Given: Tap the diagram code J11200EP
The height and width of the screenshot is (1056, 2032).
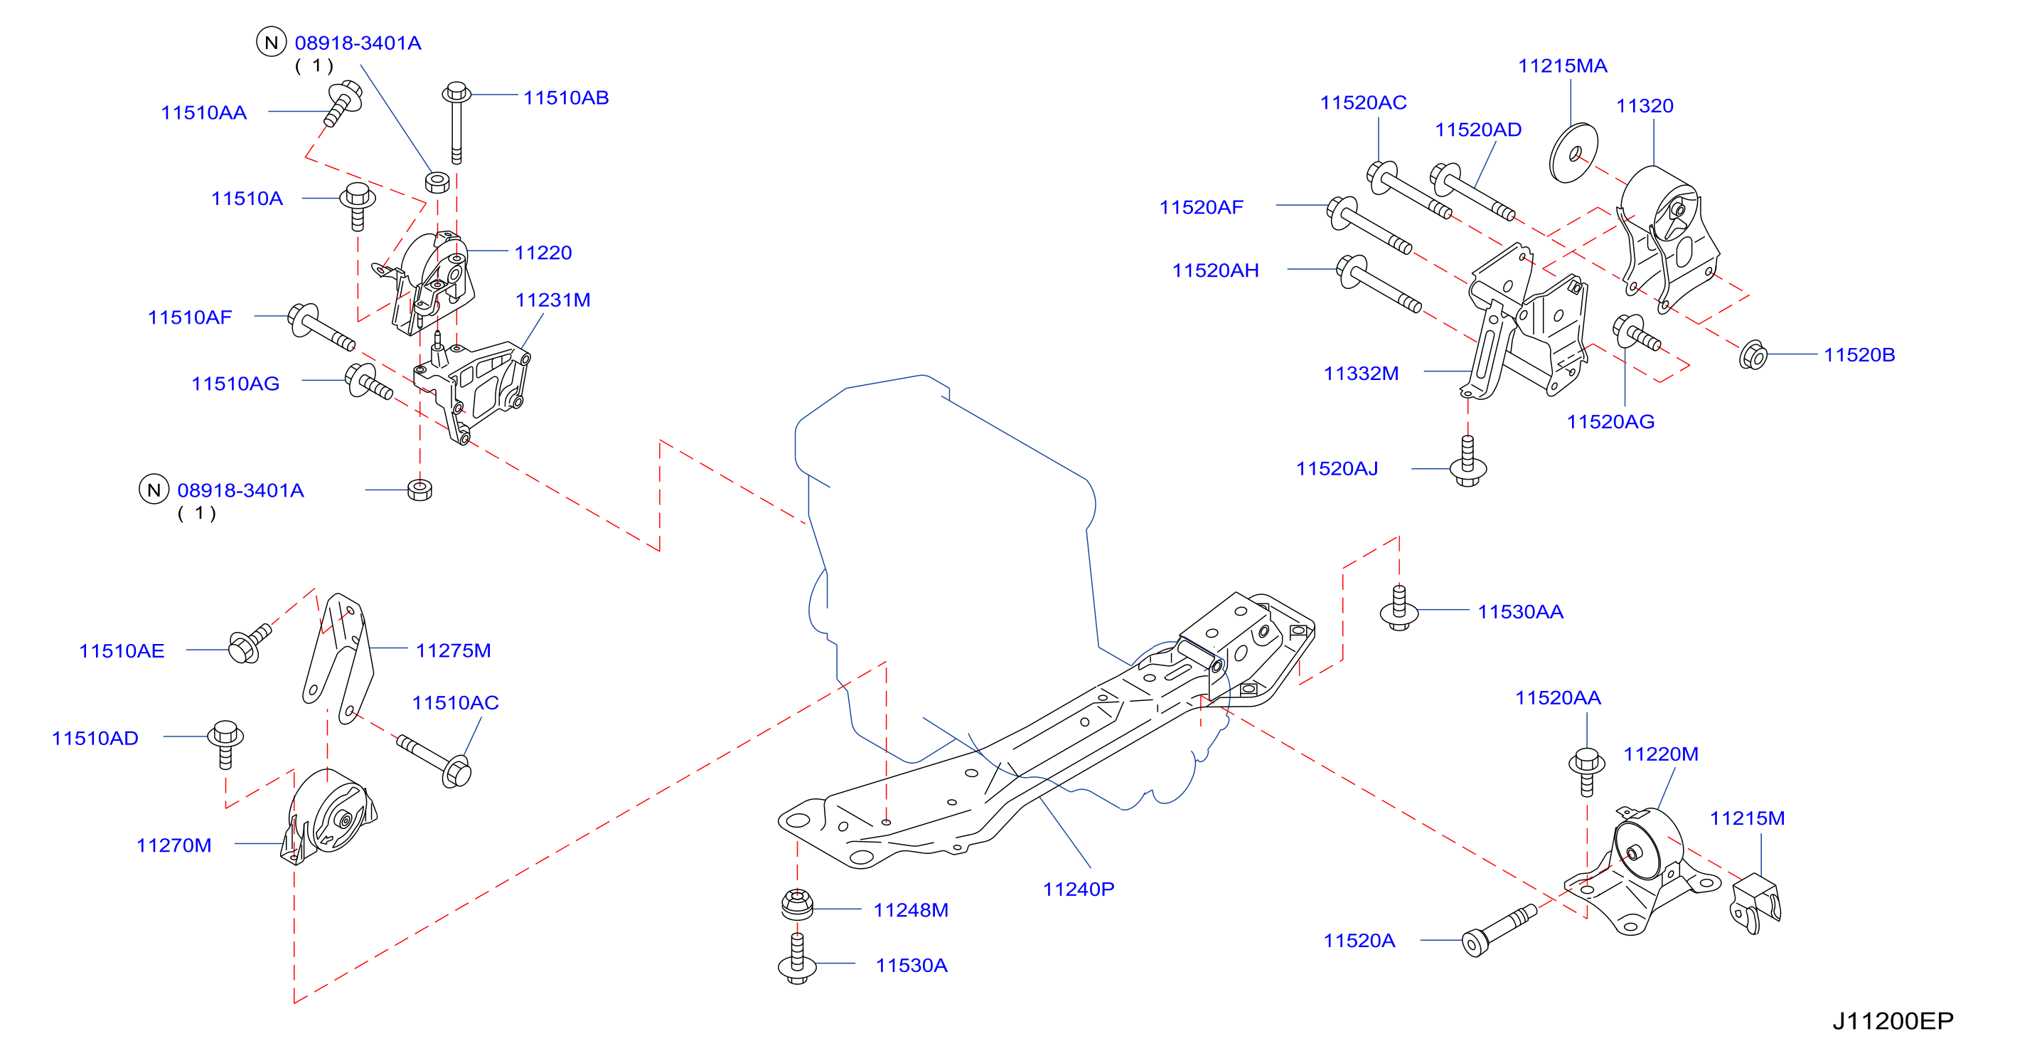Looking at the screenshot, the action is pos(1893,1020).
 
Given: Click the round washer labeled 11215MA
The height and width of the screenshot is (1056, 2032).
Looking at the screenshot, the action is pos(1573,152).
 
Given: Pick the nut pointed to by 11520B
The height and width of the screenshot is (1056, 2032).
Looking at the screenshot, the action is pos(1753,355).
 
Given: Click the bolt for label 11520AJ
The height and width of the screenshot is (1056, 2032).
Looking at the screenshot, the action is pos(1467,462).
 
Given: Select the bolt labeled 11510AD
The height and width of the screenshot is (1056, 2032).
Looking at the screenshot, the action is pos(225,744).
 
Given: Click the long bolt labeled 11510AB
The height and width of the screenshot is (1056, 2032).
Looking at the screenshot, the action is pos(456,122).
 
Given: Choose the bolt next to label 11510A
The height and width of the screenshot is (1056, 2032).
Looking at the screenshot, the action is pos(358,207).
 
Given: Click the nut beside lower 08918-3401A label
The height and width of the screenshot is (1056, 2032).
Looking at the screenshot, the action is pos(419,490).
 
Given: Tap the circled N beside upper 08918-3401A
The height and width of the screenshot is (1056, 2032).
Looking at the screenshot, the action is pos(272,42).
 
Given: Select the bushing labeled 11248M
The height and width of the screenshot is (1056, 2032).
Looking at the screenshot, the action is pos(797,904).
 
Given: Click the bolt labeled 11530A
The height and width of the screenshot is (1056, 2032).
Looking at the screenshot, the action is pos(797,959).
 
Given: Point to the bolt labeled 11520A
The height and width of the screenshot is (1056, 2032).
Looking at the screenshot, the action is pos(1499,931).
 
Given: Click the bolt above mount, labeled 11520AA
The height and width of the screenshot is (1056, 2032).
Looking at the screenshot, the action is pos(1586,772).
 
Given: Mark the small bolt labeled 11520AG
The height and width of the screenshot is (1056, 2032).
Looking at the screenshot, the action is pos(1636,332).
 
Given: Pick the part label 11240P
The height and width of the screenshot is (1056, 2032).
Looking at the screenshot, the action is pos(1079,889).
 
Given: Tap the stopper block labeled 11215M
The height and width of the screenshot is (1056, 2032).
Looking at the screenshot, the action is pos(1755,904).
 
